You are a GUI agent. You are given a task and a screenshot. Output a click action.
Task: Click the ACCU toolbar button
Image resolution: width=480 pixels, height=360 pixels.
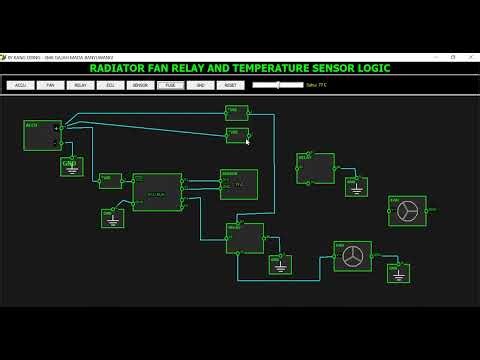coord(20,86)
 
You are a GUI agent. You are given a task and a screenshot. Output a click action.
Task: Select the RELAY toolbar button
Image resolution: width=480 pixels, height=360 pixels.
coord(80,86)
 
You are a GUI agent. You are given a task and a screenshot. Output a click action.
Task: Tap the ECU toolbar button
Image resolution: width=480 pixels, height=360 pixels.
coord(110,86)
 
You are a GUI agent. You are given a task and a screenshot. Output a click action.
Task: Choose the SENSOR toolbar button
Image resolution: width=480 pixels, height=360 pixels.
coord(140,86)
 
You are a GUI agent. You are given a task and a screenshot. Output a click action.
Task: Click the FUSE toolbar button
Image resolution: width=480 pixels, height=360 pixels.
coord(170,86)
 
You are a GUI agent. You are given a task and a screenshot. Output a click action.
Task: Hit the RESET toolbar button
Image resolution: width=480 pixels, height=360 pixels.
coord(230,86)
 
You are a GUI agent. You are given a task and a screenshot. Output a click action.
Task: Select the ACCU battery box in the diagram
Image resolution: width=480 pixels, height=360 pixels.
coord(43,136)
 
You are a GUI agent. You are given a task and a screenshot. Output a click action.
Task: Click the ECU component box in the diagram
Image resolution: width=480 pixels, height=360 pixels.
coord(157,192)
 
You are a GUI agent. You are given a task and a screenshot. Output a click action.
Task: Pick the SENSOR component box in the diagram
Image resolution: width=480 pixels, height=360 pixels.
coord(239,184)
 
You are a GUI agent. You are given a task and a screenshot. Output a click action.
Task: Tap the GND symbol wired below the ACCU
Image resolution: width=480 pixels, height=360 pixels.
coord(71,166)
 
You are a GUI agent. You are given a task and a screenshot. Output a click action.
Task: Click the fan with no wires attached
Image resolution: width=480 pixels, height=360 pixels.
coord(407,211)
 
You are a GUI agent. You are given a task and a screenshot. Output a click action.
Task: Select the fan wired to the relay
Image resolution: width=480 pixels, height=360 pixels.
coord(352,256)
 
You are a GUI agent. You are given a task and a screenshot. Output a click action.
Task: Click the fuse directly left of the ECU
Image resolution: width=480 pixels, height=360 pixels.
coord(110,181)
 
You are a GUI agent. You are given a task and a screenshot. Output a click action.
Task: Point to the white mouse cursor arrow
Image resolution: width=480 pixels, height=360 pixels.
coord(247,142)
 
